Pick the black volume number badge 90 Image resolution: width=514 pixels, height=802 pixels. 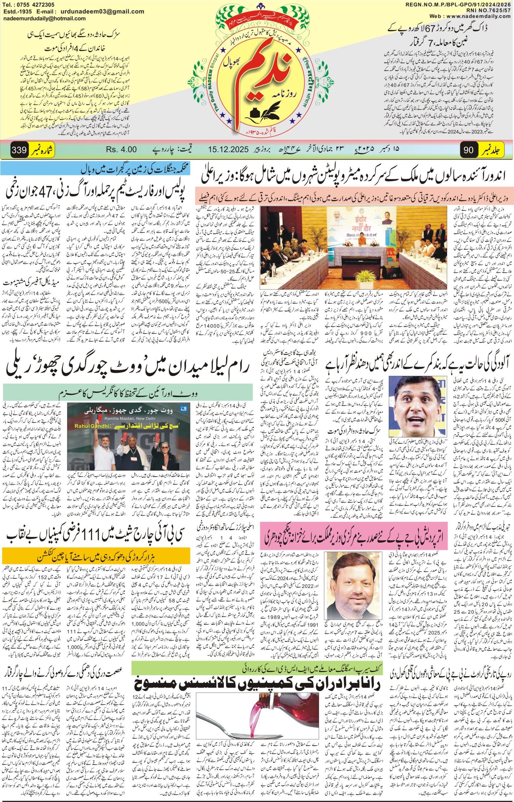(x=468, y=150)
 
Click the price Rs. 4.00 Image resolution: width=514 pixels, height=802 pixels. (x=121, y=149)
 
